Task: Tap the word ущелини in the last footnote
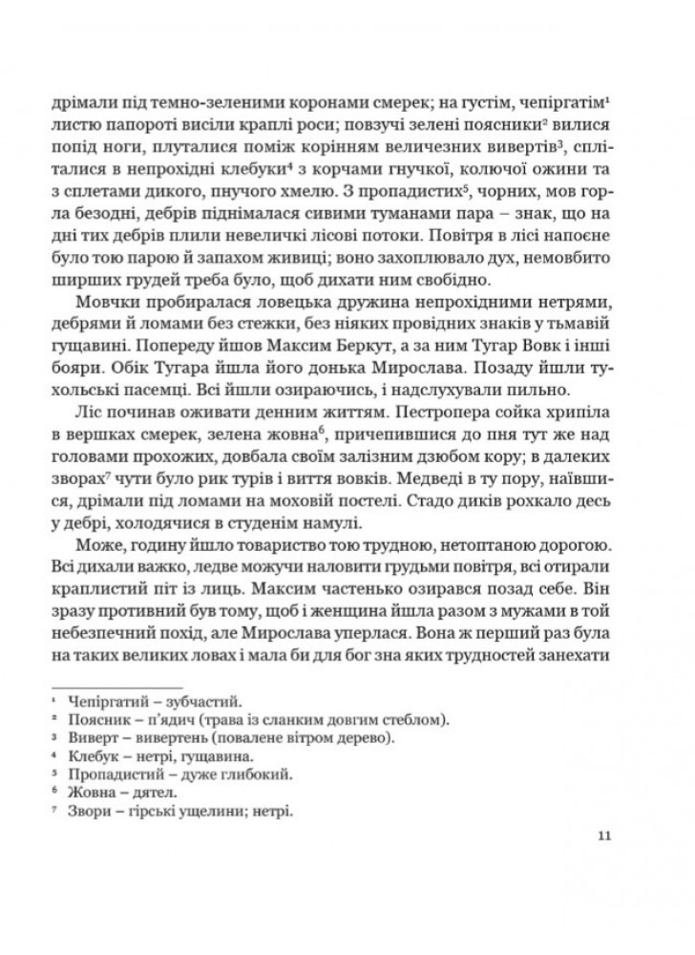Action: pos(201,811)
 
